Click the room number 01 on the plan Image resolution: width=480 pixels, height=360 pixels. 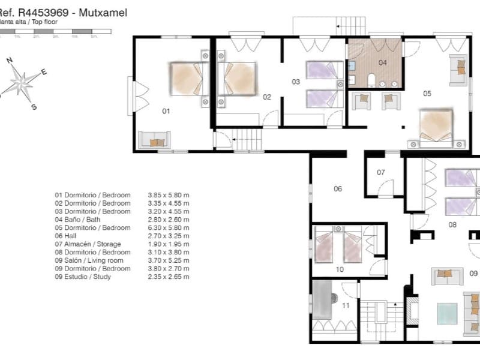click(x=166, y=111)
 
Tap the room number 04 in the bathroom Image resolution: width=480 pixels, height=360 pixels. click(x=382, y=62)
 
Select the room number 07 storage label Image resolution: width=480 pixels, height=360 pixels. click(x=380, y=172)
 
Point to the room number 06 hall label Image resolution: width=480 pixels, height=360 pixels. click(x=338, y=189)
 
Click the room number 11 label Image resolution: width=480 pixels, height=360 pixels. click(x=346, y=305)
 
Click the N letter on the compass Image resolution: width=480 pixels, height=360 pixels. click(x=10, y=60)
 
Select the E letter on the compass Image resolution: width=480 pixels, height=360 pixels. click(x=44, y=72)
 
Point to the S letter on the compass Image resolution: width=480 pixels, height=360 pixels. click(x=34, y=107)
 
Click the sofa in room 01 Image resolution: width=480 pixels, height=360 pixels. click(x=155, y=140)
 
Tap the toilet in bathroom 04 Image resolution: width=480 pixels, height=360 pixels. click(x=372, y=80)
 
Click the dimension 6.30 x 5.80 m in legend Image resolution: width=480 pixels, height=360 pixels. click(x=169, y=228)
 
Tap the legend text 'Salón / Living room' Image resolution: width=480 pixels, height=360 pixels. click(x=97, y=260)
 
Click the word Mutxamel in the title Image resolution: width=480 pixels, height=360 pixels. click(x=103, y=12)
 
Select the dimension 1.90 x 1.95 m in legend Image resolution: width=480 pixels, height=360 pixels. click(x=169, y=244)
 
